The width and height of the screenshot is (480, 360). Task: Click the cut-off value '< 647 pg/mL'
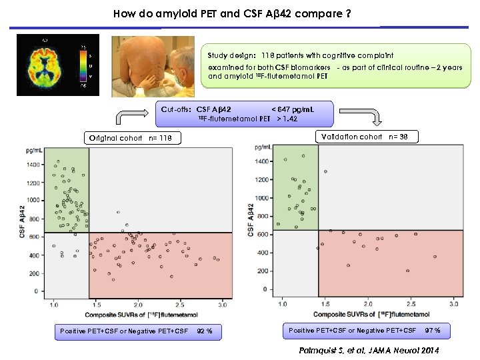click(x=294, y=109)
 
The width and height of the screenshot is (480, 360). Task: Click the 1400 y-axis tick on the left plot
click(x=33, y=163)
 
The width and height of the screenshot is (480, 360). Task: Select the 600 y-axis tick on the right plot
click(x=261, y=235)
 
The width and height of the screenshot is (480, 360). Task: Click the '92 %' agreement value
click(x=205, y=331)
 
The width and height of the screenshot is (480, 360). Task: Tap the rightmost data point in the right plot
click(x=435, y=257)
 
